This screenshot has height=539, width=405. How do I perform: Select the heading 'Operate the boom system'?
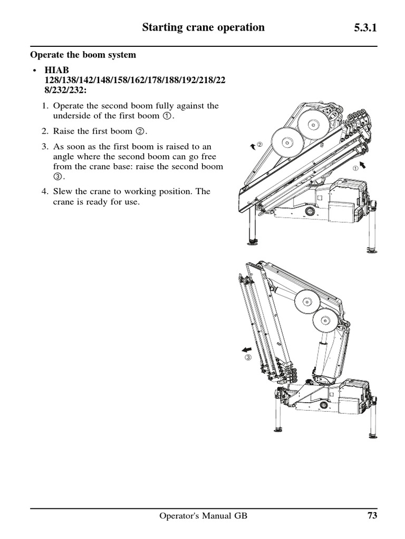(83, 55)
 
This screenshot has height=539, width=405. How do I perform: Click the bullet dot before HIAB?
(34, 71)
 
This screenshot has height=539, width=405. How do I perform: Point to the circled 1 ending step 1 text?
(167, 116)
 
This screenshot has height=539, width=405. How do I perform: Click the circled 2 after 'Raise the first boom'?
(141, 132)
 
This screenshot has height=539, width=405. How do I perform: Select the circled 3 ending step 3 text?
(57, 176)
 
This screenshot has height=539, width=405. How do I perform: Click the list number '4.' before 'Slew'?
(46, 192)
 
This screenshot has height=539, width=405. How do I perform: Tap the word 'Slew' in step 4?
(63, 192)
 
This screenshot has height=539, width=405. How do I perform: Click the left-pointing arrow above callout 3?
(246, 349)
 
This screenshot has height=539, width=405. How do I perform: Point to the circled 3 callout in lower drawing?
(248, 358)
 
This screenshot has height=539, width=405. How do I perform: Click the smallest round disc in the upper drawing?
(287, 142)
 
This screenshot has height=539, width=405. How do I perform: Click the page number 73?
(372, 516)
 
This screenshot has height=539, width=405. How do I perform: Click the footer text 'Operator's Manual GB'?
(203, 516)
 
